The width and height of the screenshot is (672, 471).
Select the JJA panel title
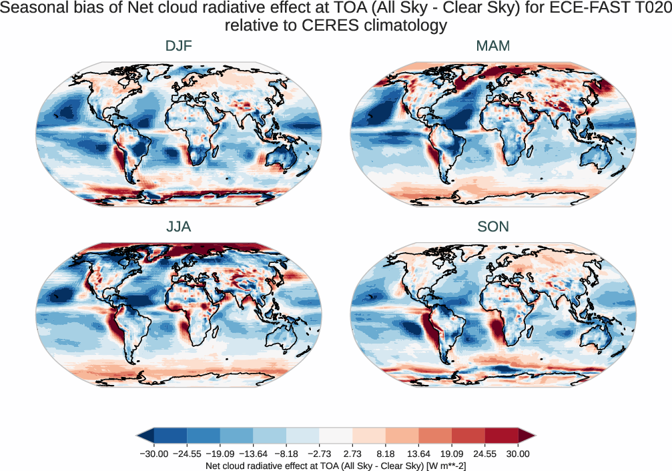[x=178, y=227]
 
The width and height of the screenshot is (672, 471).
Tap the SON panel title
[x=493, y=227]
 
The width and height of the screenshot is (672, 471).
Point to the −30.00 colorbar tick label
[x=154, y=454]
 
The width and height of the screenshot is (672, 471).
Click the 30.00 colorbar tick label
[x=518, y=454]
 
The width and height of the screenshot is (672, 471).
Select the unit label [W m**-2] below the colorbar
[x=444, y=465]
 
